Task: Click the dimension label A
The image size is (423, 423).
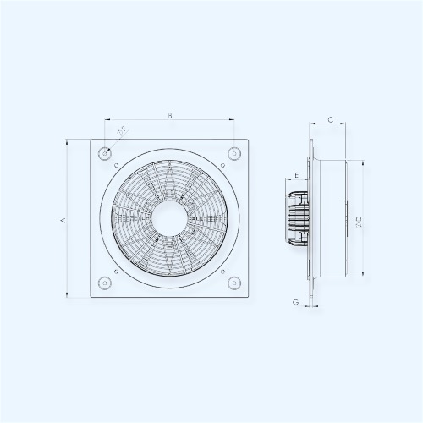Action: [x=63, y=220]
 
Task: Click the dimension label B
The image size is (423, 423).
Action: [x=170, y=115]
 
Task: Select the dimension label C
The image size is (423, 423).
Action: [x=331, y=120]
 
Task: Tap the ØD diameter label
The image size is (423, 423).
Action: [x=359, y=222]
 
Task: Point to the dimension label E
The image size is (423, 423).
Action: [x=296, y=175]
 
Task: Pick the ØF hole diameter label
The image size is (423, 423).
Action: [x=122, y=132]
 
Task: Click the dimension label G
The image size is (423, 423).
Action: [x=295, y=302]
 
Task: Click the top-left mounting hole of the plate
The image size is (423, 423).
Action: [x=105, y=154]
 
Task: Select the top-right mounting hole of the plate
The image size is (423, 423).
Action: [x=234, y=154]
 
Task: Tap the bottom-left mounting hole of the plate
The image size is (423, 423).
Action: [x=105, y=283]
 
